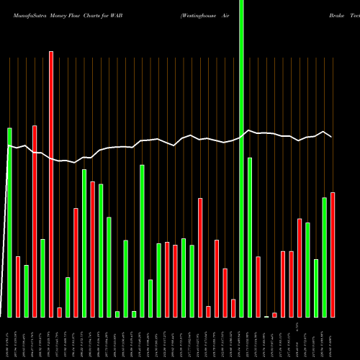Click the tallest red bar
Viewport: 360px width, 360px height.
51,184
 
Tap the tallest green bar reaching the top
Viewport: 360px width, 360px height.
241,158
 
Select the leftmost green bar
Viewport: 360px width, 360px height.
9,222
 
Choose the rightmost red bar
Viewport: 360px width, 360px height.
333,255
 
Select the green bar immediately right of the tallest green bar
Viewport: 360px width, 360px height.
250,237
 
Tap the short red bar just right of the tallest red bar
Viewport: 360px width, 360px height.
59,312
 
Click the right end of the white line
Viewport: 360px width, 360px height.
332,137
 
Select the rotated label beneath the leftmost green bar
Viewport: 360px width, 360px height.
9,338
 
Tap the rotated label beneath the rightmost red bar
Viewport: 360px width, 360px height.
333,338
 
